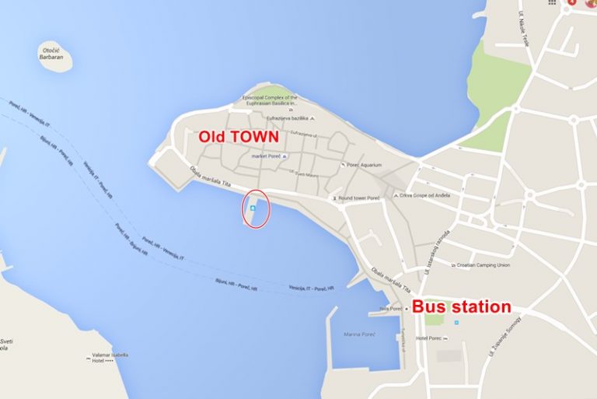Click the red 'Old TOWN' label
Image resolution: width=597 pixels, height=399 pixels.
(239, 136)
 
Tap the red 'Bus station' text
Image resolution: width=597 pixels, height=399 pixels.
(461, 306)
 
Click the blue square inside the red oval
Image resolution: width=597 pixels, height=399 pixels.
(253, 208)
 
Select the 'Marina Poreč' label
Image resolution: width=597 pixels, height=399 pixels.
(359, 334)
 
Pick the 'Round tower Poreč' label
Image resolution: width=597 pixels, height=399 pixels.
(361, 198)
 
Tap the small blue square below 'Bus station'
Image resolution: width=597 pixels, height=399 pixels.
(456, 322)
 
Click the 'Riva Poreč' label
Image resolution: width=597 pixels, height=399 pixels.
(389, 309)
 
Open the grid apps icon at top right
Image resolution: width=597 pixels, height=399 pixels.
(552, 3)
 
